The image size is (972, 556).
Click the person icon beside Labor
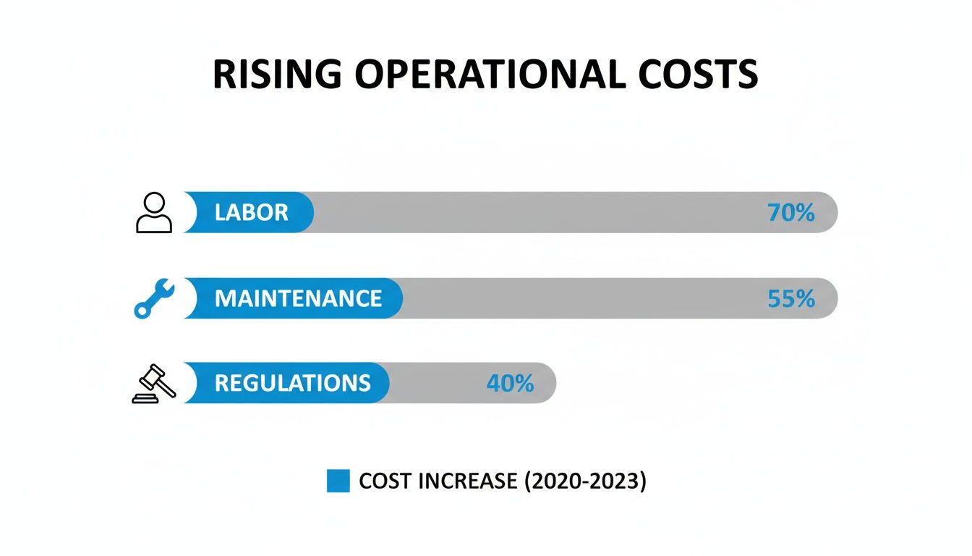click(154, 213)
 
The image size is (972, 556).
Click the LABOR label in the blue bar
click(251, 213)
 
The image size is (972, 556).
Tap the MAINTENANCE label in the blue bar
click(298, 298)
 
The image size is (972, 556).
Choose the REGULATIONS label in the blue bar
click(292, 383)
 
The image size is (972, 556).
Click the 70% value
click(790, 213)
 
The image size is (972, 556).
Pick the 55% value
click(790, 298)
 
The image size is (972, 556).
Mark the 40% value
click(510, 383)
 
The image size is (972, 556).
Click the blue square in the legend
click(338, 481)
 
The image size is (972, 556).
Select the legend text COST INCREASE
click(438, 481)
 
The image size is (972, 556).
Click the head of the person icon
click(154, 203)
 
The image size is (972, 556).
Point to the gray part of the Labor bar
click(535, 213)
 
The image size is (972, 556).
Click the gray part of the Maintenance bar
click(579, 298)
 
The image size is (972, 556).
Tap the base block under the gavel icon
click(148, 397)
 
